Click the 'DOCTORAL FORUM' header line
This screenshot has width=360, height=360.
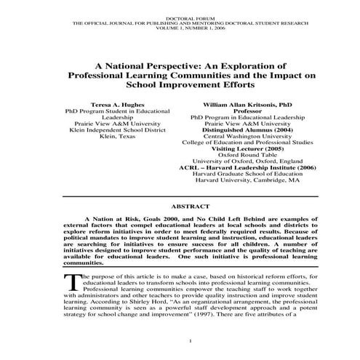[180, 14]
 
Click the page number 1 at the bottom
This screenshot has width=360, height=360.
[189, 341]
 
